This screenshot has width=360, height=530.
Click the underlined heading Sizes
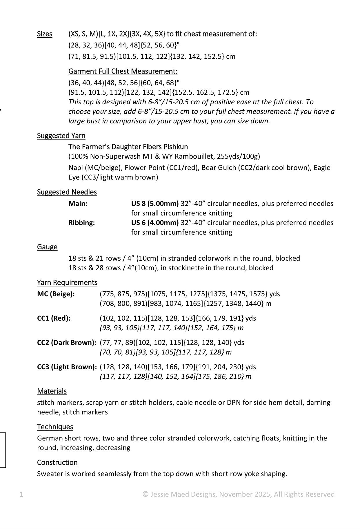[45, 34]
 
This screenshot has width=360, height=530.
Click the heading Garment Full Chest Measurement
[123, 71]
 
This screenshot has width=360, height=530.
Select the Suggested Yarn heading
[61, 136]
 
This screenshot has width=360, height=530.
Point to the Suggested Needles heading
[67, 192]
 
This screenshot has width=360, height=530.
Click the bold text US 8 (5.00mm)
[155, 204]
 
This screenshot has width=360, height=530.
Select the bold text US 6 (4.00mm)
[155, 223]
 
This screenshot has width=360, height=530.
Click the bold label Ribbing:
[81, 223]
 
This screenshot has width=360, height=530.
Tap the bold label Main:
[78, 204]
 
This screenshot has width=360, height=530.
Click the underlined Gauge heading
[47, 247]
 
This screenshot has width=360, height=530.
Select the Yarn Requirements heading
[67, 282]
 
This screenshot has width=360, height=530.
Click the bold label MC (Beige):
[56, 294]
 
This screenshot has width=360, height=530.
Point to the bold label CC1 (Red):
[54, 318]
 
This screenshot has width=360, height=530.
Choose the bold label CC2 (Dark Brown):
[67, 343]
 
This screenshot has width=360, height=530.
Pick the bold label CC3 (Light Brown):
[67, 367]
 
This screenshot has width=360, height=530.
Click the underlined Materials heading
[52, 391]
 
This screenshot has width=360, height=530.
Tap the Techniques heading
[55, 427]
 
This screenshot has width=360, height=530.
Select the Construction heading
[57, 462]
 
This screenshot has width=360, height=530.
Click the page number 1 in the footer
[21, 494]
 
